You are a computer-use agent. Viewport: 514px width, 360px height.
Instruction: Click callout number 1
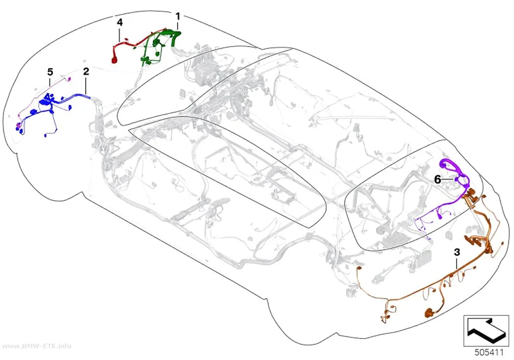(178, 16)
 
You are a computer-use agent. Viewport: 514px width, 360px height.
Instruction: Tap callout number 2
(86, 71)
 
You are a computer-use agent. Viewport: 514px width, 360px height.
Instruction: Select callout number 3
(457, 252)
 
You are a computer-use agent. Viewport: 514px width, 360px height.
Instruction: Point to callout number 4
(119, 23)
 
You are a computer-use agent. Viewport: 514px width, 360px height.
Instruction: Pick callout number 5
(50, 72)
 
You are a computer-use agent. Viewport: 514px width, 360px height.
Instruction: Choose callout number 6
(437, 180)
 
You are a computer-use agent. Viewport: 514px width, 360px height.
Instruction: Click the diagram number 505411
(489, 353)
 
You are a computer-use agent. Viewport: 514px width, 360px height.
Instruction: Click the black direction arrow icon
(486, 331)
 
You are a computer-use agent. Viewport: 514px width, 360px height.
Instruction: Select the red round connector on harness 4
(114, 60)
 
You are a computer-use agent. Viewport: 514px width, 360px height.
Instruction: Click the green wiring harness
(160, 46)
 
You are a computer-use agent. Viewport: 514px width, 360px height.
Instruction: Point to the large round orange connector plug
(429, 312)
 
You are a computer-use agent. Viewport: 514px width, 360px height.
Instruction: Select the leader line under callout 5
(50, 81)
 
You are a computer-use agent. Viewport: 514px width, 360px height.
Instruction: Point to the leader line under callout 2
(86, 85)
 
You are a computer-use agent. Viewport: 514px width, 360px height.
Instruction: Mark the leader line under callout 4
(119, 34)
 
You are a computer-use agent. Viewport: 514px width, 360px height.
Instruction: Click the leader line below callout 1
(178, 25)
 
